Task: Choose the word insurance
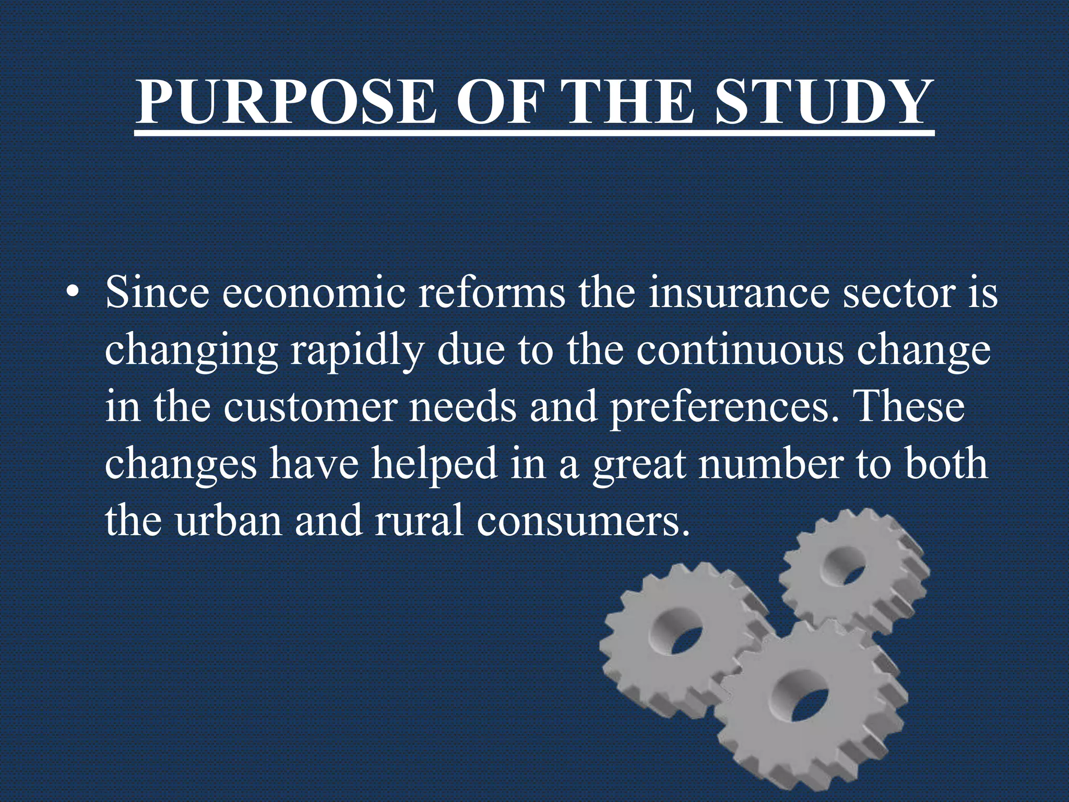739,293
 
